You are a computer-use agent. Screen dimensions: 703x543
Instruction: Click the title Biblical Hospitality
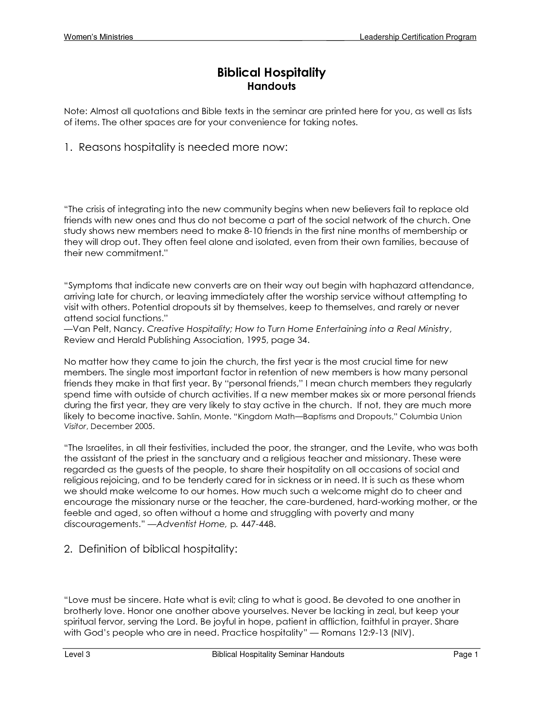pos(271,72)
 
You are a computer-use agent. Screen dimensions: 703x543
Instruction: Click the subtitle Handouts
pos(271,86)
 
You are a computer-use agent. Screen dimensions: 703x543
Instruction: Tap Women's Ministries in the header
pos(98,37)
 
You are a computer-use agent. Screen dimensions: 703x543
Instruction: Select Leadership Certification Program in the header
pos(418,37)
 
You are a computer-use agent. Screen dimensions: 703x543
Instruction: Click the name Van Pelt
pos(91,329)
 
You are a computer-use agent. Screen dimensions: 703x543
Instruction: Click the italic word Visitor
pos(75,426)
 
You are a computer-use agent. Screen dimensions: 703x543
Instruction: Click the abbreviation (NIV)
pos(402,633)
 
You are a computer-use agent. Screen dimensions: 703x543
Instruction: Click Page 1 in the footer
pos(466,654)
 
